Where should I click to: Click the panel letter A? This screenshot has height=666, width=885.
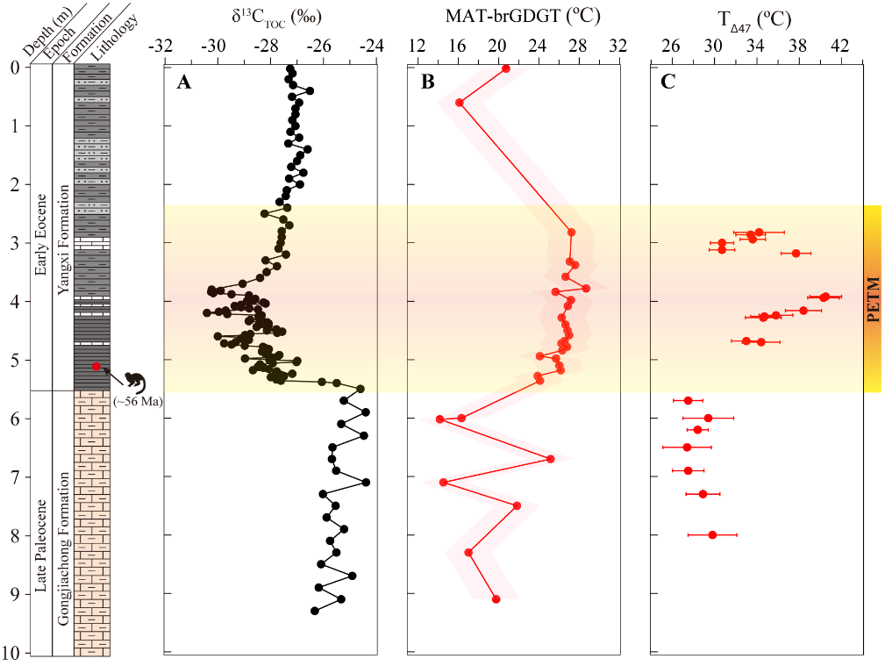[x=183, y=82]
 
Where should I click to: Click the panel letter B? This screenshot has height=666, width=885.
[x=428, y=82]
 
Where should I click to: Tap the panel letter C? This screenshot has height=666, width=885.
[x=668, y=82]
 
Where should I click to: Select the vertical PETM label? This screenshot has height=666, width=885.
[x=873, y=299]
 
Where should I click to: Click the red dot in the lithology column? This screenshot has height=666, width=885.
[x=96, y=366]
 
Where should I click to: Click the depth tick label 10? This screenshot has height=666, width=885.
[x=13, y=653]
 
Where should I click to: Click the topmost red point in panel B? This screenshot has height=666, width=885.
[x=505, y=68]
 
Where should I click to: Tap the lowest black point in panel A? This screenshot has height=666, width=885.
[x=315, y=610]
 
